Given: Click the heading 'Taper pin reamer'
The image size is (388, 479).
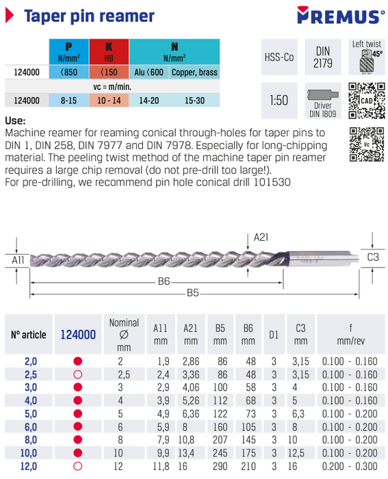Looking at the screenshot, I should [x=89, y=16].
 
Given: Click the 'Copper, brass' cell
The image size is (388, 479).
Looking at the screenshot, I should [x=194, y=72].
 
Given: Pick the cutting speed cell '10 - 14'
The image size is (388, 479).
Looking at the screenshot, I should [x=108, y=100].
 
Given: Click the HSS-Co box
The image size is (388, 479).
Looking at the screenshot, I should [x=279, y=57].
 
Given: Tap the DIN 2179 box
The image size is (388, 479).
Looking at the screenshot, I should [x=322, y=57].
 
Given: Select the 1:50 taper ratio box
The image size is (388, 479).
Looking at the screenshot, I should [x=279, y=100].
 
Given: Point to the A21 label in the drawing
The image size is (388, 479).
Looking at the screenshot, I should [x=261, y=237].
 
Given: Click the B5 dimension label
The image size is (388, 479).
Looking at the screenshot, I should [x=192, y=293].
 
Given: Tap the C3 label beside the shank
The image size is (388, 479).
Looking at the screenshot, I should [x=373, y=257].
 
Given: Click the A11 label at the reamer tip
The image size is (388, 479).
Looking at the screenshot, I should [x=18, y=261].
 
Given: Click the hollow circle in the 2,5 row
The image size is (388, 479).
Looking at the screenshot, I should [x=77, y=375].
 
